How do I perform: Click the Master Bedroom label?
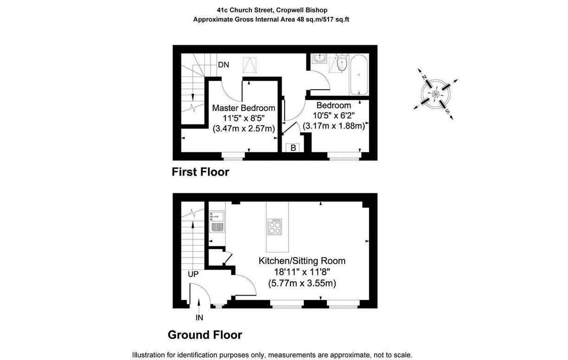click(x=244, y=108)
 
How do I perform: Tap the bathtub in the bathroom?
click(x=359, y=75)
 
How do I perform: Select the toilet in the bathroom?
click(x=342, y=63)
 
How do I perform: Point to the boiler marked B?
click(x=293, y=148)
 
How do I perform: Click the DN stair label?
click(x=223, y=65)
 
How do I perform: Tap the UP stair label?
click(x=193, y=274)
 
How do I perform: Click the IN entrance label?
click(x=199, y=317)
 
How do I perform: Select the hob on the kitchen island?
click(x=275, y=227)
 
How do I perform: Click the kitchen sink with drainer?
click(x=217, y=221)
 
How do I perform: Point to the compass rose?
click(x=436, y=94)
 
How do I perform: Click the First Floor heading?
click(x=200, y=172)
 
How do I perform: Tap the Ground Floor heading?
click(x=205, y=335)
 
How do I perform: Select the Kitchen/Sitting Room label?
click(x=302, y=261)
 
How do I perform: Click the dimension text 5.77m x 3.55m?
click(x=302, y=283)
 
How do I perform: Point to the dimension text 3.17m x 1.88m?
click(x=334, y=126)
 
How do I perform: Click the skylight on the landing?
click(x=250, y=65)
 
